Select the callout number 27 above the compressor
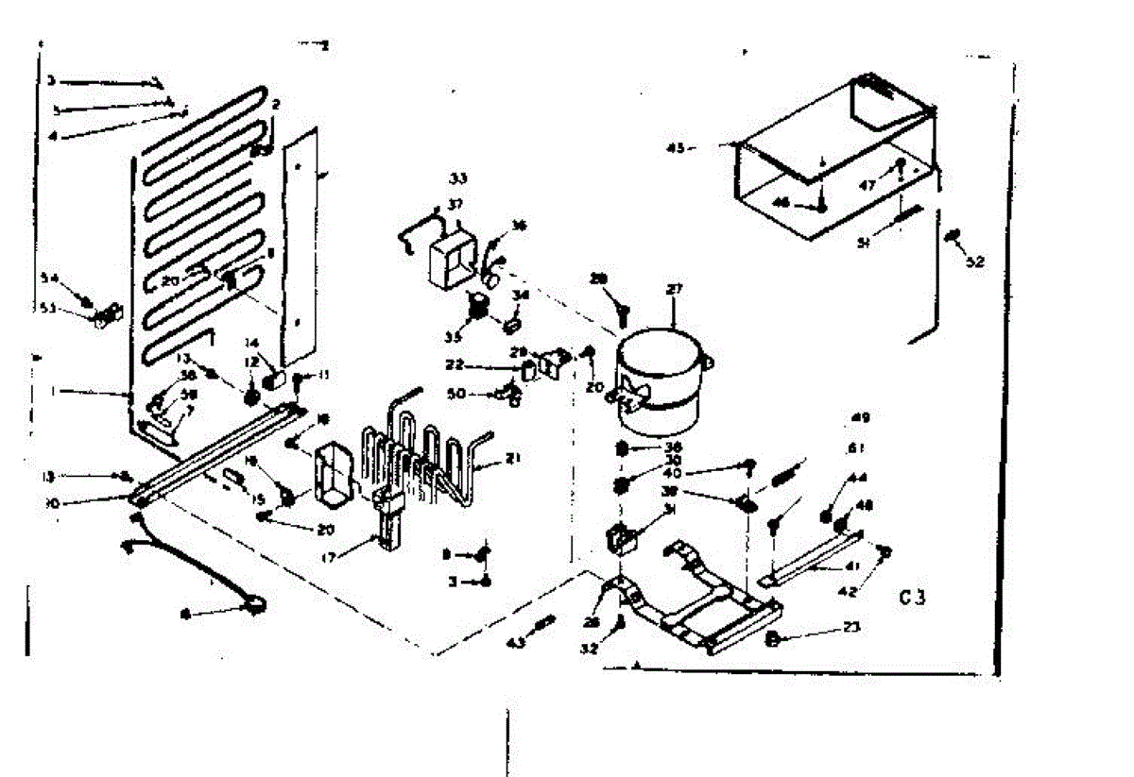click(x=674, y=291)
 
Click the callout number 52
click(x=975, y=262)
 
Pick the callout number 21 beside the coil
click(x=513, y=460)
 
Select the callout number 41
click(x=827, y=569)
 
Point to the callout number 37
click(x=455, y=205)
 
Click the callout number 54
click(x=49, y=278)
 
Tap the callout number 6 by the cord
click(x=185, y=615)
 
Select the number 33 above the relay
click(x=457, y=177)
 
